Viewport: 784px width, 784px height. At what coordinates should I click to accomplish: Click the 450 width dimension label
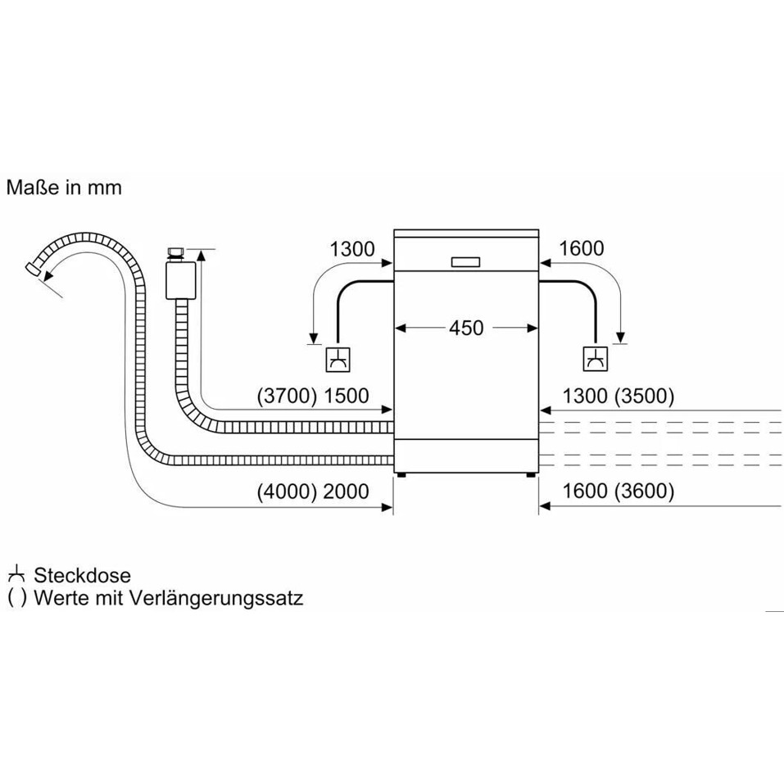coord(466,328)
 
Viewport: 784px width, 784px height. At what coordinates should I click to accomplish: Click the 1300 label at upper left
coord(351,249)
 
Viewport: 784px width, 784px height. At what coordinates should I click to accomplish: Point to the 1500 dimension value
coord(347,397)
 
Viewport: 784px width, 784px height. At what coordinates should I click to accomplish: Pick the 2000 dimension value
coord(347,492)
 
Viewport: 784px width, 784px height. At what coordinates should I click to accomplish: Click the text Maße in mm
coord(64,188)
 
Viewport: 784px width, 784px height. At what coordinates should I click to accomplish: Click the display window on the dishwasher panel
coord(467,261)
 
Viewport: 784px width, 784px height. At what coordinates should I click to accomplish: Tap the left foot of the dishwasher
coord(401,473)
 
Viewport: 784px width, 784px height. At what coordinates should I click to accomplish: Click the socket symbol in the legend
coord(16,575)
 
